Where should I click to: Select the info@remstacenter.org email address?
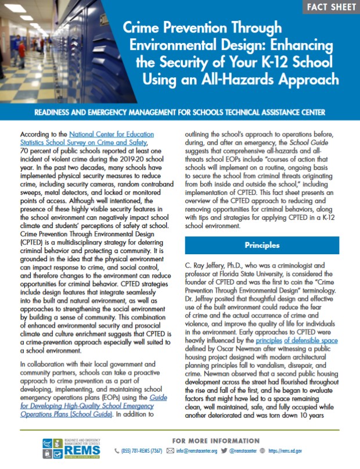195,450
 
